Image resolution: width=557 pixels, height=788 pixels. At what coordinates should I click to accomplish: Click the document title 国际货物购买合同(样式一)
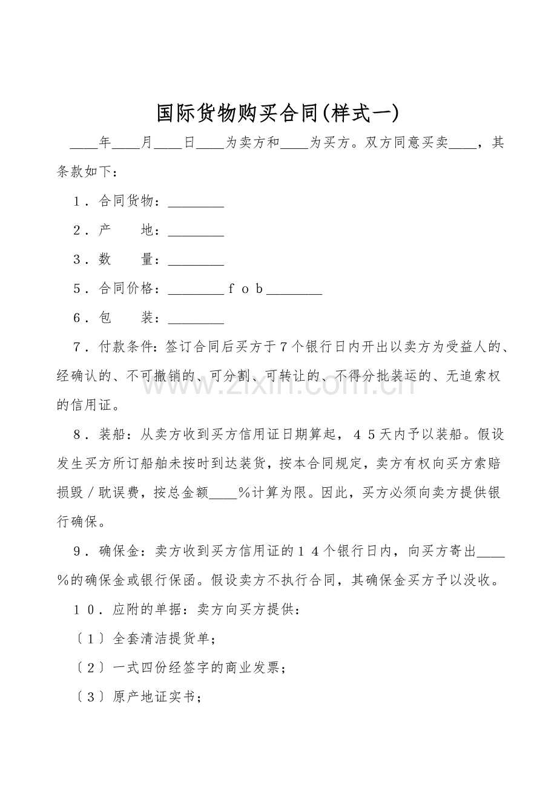click(278, 113)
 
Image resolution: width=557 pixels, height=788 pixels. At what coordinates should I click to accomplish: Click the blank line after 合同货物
click(196, 202)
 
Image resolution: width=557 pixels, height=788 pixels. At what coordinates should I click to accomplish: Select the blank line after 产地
click(196, 231)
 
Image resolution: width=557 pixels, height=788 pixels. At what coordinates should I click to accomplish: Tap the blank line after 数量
click(196, 260)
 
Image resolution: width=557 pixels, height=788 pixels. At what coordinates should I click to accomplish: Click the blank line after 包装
click(196, 318)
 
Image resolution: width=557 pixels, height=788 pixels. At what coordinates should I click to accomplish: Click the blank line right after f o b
click(294, 289)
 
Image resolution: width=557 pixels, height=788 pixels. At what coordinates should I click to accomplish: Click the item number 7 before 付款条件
click(77, 347)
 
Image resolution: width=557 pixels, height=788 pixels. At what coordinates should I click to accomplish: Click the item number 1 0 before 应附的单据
click(85, 609)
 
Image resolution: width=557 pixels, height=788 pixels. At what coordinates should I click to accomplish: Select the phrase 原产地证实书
click(154, 697)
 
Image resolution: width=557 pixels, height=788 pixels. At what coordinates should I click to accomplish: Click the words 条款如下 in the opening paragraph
click(84, 172)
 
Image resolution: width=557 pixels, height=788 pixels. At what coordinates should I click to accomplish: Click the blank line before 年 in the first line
click(84, 144)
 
